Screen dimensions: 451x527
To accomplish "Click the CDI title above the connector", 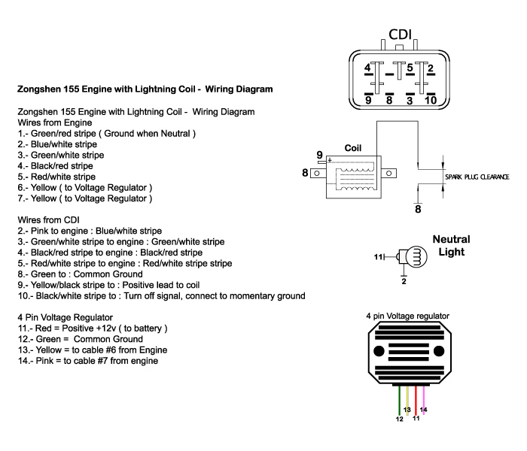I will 400,35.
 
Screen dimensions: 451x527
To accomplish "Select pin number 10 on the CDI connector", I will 431,99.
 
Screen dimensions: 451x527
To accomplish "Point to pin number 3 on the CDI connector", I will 410,99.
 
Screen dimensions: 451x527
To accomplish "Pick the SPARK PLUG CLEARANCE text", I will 477,177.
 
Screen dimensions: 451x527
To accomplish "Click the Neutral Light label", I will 451,246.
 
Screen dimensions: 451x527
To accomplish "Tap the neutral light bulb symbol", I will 410,258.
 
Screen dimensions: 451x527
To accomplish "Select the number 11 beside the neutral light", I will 379,257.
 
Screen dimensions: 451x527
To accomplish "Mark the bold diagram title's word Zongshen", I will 39,89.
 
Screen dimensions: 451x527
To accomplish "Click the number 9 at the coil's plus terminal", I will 319,154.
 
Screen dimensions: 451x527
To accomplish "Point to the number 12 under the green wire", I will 399,419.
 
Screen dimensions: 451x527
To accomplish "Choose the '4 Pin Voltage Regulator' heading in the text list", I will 65,317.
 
